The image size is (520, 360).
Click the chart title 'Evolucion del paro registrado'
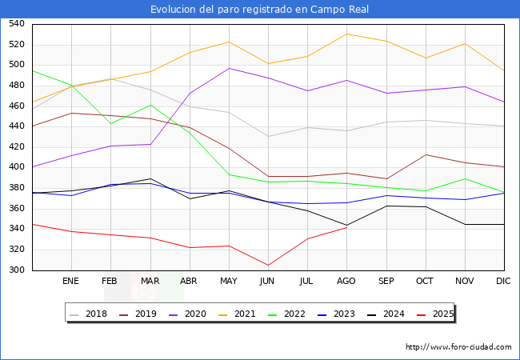(x=260, y=10)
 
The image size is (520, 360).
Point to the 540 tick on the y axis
(x=17, y=24)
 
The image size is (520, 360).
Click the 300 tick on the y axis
(x=17, y=270)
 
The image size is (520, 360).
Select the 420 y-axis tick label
(x=17, y=147)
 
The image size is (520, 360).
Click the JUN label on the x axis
(x=268, y=282)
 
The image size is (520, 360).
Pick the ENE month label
(x=71, y=282)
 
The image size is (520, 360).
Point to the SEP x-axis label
(x=386, y=282)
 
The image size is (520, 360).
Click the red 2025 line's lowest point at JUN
(x=268, y=265)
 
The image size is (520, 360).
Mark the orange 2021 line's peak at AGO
(x=346, y=34)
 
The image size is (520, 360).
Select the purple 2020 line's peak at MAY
(x=229, y=68)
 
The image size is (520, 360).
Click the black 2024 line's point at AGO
(x=346, y=225)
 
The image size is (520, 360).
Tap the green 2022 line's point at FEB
(x=110, y=123)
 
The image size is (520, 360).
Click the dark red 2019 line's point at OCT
(x=426, y=154)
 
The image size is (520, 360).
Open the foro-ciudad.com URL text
(x=458, y=347)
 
